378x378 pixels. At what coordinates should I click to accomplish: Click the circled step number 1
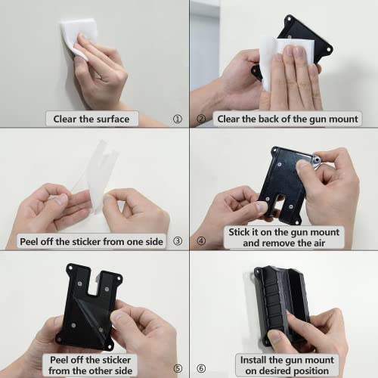click(177, 119)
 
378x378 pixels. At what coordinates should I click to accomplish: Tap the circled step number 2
click(201, 119)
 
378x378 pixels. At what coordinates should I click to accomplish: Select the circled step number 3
click(178, 242)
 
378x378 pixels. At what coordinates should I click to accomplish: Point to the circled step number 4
click(201, 242)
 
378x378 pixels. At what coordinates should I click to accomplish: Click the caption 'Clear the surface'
click(91, 119)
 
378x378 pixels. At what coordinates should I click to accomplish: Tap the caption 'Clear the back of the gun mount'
click(287, 119)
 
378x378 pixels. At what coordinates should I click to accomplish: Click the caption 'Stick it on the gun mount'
click(283, 232)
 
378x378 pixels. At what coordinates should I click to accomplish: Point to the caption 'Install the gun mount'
click(283, 360)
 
